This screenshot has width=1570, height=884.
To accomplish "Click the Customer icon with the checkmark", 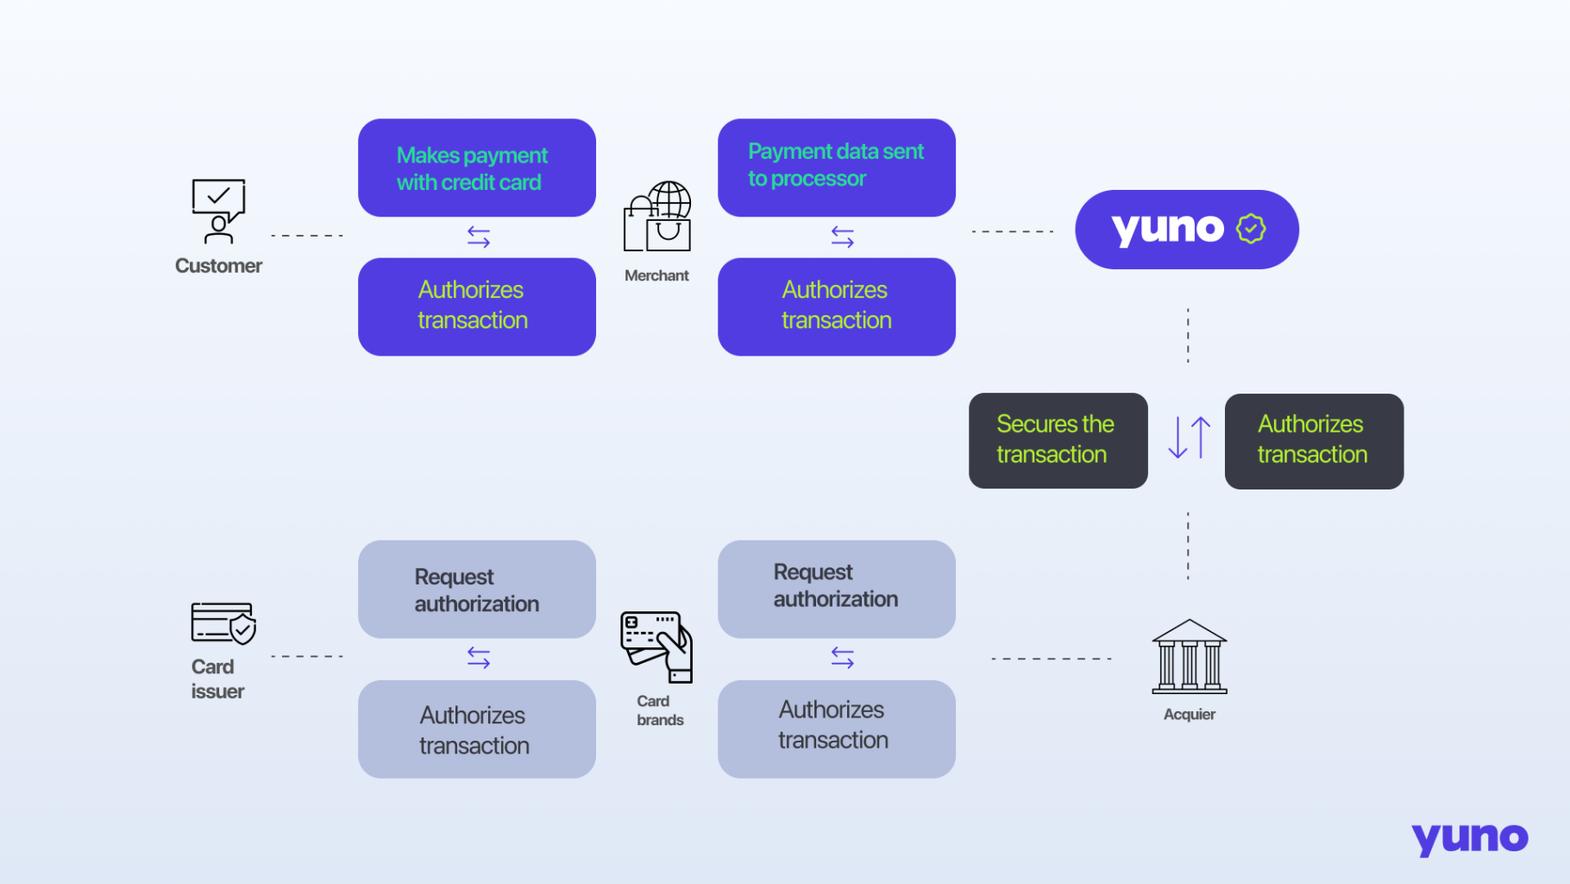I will (x=218, y=212).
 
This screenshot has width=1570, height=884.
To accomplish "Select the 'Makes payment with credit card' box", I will (x=476, y=168).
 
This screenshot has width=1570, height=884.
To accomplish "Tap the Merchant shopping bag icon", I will (x=657, y=218).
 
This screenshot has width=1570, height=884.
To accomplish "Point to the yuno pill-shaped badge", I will (x=1186, y=230).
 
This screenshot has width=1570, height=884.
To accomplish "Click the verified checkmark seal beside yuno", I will (x=1251, y=229).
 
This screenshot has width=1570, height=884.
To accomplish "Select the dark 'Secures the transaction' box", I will (x=1058, y=440).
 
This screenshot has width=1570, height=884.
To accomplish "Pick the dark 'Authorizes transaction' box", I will (x=1313, y=441).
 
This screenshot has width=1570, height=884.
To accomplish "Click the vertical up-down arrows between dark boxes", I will (x=1189, y=438).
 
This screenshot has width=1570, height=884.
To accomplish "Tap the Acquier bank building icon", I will (x=1190, y=657).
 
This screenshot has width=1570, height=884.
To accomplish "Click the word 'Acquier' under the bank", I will (x=1189, y=715).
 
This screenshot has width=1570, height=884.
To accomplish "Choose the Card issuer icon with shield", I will (x=223, y=622).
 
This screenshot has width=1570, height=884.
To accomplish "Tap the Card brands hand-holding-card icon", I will (x=656, y=647).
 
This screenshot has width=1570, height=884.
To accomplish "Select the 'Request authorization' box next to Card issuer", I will (x=476, y=590).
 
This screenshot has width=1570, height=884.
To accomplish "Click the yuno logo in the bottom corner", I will (x=1469, y=838).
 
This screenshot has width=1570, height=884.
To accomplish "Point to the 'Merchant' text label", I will (x=656, y=276).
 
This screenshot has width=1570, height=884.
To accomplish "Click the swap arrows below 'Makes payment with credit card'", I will (x=479, y=237).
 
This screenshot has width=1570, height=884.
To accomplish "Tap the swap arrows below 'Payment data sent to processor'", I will (x=843, y=237).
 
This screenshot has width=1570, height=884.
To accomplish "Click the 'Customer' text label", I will (x=218, y=266).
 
